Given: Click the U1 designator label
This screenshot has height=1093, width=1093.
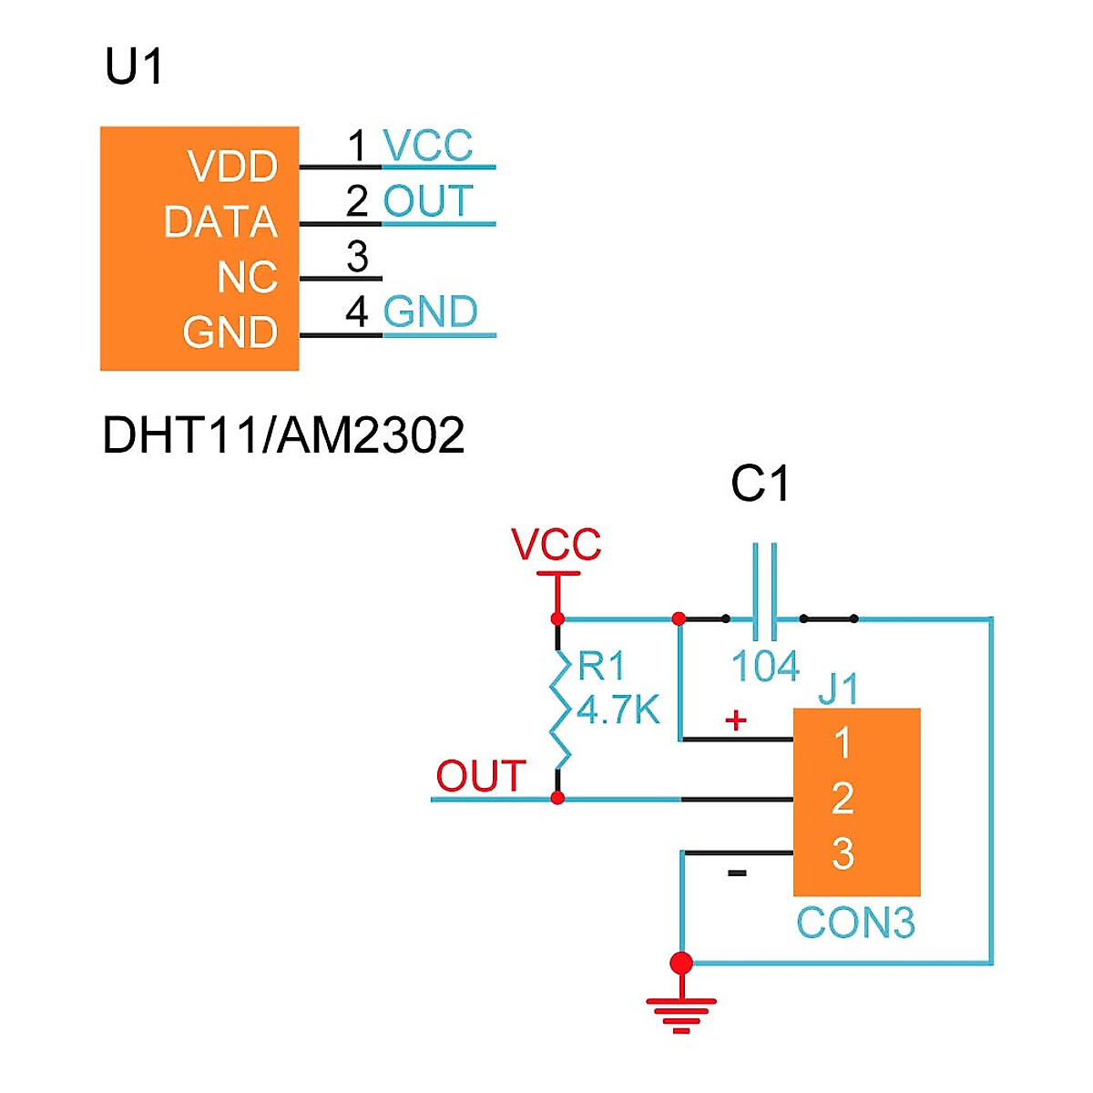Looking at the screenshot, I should tap(134, 67).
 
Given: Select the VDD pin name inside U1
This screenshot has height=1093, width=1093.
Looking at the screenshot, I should tap(232, 167).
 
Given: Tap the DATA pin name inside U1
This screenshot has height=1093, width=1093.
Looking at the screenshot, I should tap(220, 222).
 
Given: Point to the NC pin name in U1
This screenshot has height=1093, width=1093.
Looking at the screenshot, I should tap(247, 278).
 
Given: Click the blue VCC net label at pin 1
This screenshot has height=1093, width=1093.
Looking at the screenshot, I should tap(428, 146).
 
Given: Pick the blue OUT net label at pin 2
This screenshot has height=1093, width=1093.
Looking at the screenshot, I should tap(429, 201).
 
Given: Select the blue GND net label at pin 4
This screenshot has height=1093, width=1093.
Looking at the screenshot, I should tap(431, 312).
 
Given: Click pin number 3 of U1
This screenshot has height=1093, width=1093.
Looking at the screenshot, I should tap(357, 257).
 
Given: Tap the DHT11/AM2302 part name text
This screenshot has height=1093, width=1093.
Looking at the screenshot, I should tap(283, 435).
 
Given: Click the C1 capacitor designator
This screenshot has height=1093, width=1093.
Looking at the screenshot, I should tap(760, 485).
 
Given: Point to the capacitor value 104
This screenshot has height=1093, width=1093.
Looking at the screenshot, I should tap(765, 667).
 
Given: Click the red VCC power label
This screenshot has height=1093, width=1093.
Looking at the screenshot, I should tap(557, 545).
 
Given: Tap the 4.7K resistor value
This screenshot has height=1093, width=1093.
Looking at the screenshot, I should tap(618, 710).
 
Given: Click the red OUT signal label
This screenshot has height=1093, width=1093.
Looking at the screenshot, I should tap(481, 776).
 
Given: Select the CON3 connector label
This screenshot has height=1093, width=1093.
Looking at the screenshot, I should tap(855, 923).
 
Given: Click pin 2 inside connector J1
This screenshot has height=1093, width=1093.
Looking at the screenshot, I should tap(843, 799).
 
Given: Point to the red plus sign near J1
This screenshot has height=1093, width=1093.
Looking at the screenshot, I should tap(736, 720).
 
